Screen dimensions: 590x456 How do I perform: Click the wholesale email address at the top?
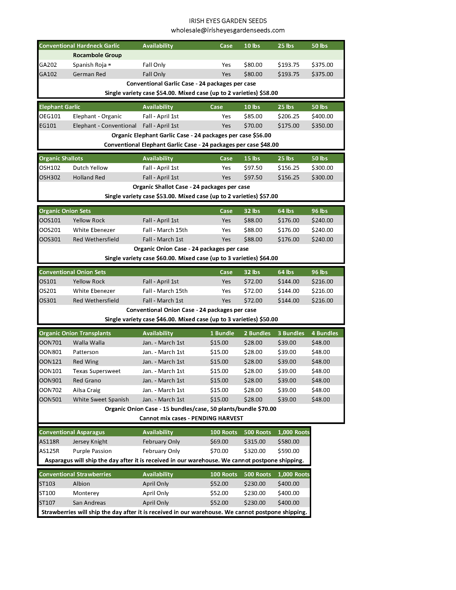click(228, 30)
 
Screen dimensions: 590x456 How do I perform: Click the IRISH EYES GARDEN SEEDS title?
click(228, 21)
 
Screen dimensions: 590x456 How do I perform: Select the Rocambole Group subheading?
click(97, 55)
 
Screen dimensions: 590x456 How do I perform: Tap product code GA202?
click(48, 65)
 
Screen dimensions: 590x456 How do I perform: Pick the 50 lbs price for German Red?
click(322, 74)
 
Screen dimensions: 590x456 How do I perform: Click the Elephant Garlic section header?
click(60, 107)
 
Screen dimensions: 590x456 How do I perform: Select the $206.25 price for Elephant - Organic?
click(288, 116)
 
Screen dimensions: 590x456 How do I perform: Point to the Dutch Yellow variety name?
click(90, 168)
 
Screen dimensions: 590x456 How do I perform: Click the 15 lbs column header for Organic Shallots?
click(252, 158)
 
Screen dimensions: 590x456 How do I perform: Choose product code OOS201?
click(50, 230)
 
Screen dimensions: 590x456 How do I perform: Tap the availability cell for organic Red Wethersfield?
click(163, 239)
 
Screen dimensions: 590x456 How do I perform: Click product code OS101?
click(48, 282)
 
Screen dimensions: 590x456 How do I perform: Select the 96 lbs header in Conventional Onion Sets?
click(319, 272)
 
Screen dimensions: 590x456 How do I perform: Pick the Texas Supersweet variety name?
click(97, 371)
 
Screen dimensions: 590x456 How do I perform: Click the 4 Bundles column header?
click(325, 333)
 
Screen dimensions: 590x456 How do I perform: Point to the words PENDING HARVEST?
click(217, 418)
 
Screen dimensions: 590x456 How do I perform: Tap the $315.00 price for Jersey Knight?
click(255, 441)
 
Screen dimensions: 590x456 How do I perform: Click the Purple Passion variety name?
click(92, 451)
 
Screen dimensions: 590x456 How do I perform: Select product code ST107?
click(47, 503)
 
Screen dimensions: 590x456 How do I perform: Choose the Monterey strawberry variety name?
click(86, 493)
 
